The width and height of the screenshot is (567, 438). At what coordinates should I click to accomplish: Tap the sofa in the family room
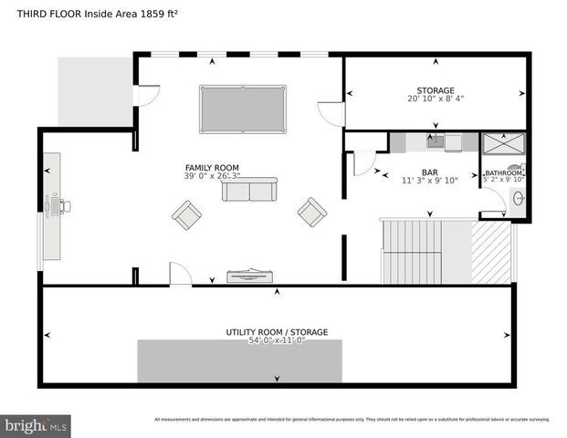(247, 190)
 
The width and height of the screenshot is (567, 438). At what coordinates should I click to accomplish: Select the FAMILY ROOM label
(212, 168)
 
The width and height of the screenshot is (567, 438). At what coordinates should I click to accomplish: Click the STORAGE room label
(436, 90)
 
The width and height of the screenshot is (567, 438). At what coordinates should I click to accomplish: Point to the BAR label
(429, 172)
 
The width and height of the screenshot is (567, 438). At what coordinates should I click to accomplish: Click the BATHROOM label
(503, 172)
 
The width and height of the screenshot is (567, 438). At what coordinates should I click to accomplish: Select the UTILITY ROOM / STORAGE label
(277, 332)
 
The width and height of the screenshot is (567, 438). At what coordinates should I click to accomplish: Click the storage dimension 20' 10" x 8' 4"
(436, 99)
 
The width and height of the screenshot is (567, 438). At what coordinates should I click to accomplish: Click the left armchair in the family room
(187, 215)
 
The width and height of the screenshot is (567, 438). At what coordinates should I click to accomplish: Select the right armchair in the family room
(311, 212)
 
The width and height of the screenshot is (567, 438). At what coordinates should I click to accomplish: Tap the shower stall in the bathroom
(503, 144)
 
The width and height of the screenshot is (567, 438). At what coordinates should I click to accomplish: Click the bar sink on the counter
(436, 141)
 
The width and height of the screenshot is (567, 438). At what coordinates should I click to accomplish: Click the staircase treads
(411, 251)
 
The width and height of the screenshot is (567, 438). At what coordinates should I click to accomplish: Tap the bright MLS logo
(37, 426)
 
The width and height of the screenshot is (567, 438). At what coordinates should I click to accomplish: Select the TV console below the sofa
(249, 275)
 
